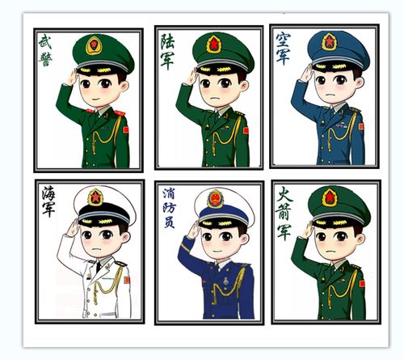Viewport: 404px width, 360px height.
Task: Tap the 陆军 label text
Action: point(167,52)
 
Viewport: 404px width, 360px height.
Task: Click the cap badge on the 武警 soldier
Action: point(95,44)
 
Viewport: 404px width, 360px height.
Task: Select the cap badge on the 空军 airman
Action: point(329,41)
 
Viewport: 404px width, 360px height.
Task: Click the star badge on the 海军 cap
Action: point(95,197)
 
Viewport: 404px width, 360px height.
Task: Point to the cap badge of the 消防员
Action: point(215,198)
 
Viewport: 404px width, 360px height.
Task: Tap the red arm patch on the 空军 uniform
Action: point(360,126)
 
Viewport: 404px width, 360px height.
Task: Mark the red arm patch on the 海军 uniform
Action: point(126,279)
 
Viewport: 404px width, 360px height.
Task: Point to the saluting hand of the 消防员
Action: point(192,230)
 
